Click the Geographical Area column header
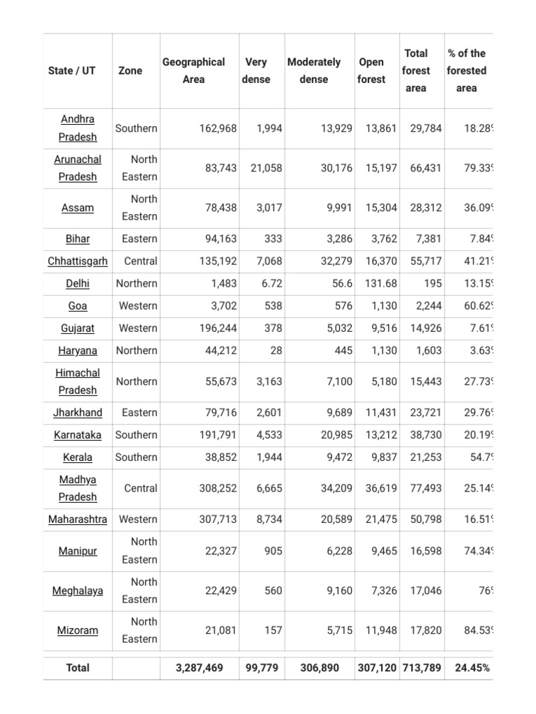point(193,70)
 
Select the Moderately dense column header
point(313,70)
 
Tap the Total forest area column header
point(415,70)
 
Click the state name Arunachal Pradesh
point(77,168)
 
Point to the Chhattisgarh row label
point(77,261)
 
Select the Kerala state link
point(77,457)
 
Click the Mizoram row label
point(77,630)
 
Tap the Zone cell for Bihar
point(140,239)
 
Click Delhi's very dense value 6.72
point(269,284)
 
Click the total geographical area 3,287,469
point(200,668)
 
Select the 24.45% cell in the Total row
point(472,668)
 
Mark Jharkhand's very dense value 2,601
point(269,413)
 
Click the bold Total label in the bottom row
point(77,668)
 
